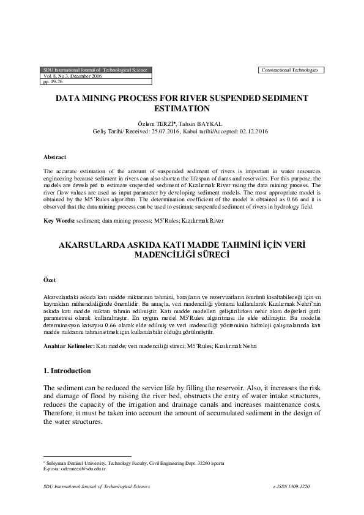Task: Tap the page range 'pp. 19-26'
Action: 53,81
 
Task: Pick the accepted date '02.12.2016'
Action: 251,131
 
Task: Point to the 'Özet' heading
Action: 50,280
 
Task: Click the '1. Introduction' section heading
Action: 67,371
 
